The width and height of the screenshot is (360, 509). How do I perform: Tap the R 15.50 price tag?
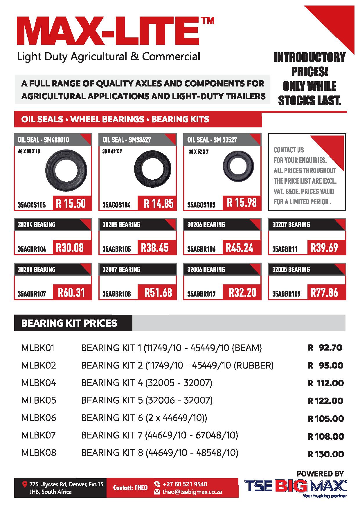click(x=71, y=203)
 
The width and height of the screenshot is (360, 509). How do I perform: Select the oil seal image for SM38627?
click(x=151, y=168)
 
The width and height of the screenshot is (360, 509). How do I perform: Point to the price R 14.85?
click(x=158, y=203)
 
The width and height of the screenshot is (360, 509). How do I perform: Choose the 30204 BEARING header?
click(x=37, y=225)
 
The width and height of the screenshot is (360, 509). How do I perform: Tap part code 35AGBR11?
click(x=285, y=249)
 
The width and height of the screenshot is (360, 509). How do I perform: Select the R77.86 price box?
click(x=324, y=293)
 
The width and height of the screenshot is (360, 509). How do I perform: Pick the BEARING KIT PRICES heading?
click(x=69, y=323)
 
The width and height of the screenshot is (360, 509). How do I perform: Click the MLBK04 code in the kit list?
click(x=39, y=383)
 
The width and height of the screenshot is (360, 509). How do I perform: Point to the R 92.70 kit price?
click(x=325, y=347)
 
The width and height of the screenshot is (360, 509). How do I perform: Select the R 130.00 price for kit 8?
click(x=325, y=454)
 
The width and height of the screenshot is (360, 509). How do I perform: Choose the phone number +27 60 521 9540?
click(x=185, y=484)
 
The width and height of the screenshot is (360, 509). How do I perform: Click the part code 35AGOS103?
click(x=201, y=205)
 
